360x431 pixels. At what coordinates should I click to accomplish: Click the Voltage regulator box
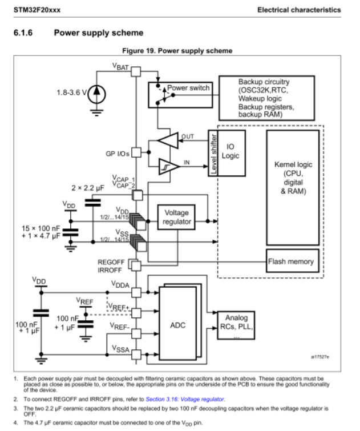point(176,217)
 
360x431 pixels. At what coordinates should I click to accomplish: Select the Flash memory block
point(293,261)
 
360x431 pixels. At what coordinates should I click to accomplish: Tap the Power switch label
point(188,88)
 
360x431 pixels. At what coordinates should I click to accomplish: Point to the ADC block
point(177,323)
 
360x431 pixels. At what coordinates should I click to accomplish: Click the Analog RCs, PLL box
point(236,325)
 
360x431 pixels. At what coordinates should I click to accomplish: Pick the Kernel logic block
point(293,188)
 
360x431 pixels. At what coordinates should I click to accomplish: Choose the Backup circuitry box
point(266,98)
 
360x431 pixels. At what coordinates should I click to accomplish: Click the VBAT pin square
point(136,71)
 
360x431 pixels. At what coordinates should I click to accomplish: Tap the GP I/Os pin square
point(136,152)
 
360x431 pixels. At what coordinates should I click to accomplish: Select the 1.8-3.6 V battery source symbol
point(96,94)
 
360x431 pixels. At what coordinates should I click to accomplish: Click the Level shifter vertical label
point(213,154)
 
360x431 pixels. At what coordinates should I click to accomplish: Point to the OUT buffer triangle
point(168,140)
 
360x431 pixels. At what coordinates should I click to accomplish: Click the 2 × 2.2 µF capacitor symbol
point(93,203)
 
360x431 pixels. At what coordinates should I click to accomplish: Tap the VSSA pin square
point(136,355)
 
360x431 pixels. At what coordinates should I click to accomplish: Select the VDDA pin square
point(136,292)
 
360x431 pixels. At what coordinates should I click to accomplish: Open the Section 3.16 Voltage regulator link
point(185,399)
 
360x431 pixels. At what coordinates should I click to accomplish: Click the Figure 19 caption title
point(177,51)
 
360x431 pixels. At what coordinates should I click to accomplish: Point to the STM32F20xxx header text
point(37,10)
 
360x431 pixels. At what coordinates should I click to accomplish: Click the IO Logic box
point(231,153)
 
